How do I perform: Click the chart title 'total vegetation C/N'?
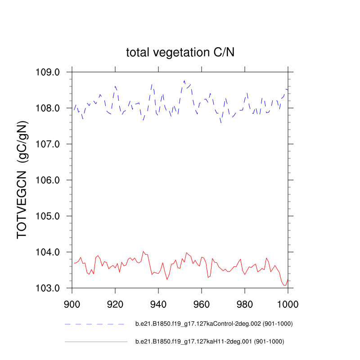(180, 53)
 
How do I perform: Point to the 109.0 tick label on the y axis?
(50, 72)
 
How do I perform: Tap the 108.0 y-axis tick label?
(50, 108)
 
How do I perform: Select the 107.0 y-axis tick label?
(50, 144)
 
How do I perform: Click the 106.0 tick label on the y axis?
(50, 180)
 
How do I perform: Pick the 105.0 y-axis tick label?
(50, 216)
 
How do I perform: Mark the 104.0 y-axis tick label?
(50, 252)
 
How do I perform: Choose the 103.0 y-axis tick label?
(50, 288)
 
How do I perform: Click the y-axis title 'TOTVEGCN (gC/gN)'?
(23, 180)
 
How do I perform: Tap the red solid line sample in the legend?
(96, 342)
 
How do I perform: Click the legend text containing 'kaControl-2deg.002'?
(211, 324)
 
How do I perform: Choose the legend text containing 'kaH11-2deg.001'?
(210, 342)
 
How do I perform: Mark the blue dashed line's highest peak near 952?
(184, 81)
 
